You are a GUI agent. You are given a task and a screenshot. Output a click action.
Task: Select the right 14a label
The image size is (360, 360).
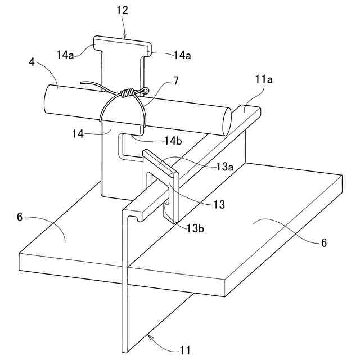point(183,54)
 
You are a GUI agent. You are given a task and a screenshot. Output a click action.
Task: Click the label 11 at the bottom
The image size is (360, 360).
point(184,350)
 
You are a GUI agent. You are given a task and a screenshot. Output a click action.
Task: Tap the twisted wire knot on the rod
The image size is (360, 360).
point(129,93)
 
